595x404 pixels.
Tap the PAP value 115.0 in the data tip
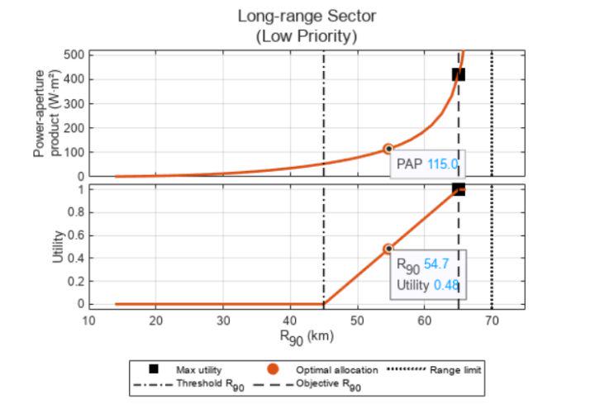point(442,164)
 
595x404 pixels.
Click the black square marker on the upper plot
point(459,74)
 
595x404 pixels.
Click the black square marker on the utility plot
point(459,189)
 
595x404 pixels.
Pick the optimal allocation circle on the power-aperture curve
point(388,149)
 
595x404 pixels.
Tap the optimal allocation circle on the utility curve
point(388,249)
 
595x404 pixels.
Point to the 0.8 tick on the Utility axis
point(76,212)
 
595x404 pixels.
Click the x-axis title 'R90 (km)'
point(307,337)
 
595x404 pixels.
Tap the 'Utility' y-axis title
point(58,246)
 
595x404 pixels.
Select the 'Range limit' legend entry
point(455,369)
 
